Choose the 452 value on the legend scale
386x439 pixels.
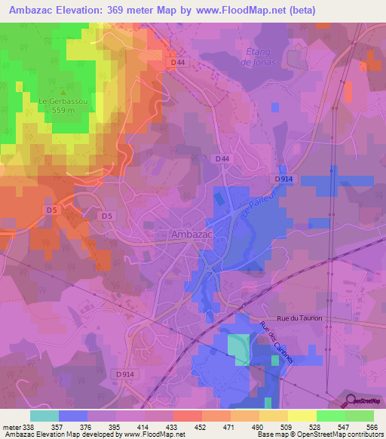pos(201,426)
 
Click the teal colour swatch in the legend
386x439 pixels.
pos(44,416)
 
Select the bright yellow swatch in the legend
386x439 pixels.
pos(302,416)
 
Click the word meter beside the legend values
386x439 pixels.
pos(11,426)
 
